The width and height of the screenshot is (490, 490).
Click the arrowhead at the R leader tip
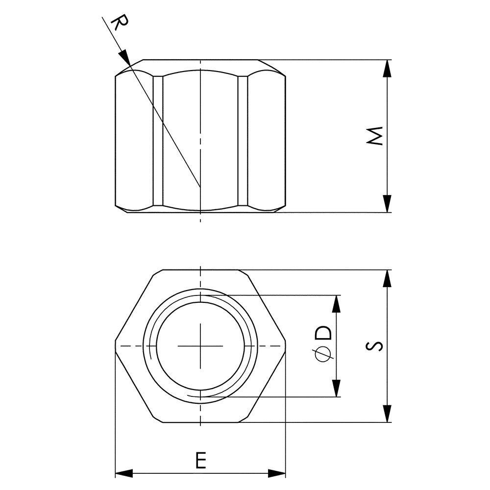pyautogui.click(x=125, y=57)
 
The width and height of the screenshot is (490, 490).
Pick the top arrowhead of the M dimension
pyautogui.click(x=387, y=68)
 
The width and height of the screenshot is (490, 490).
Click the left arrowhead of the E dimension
pyautogui.click(x=123, y=473)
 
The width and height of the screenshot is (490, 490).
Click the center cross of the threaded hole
pyautogui.click(x=201, y=346)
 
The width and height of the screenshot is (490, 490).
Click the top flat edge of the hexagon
pyautogui.click(x=201, y=270)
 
